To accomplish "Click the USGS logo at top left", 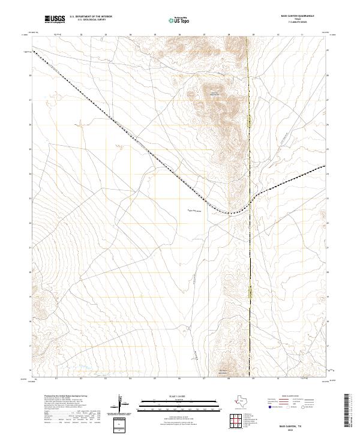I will tap(55, 19).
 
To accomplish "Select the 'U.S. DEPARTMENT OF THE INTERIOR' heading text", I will tap(90, 17).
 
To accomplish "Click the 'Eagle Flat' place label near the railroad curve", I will tap(196, 211).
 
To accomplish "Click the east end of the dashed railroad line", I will tap(325, 166).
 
